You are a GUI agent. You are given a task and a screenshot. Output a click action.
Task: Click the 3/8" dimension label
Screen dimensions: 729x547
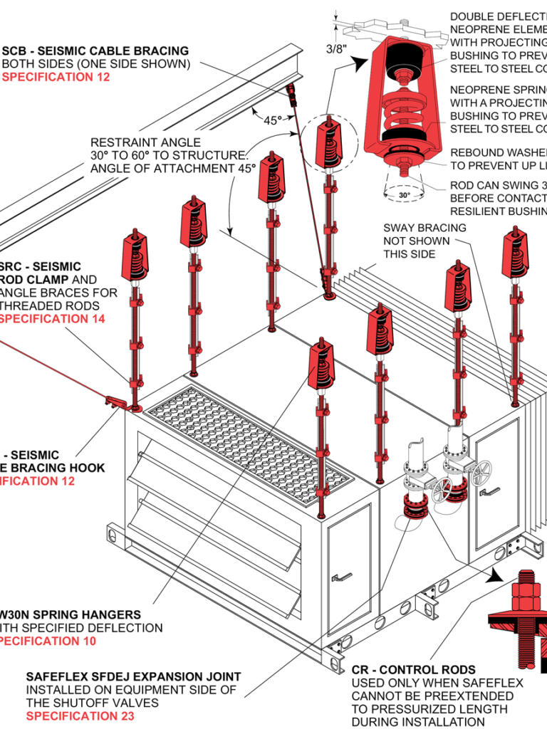pyautogui.click(x=337, y=49)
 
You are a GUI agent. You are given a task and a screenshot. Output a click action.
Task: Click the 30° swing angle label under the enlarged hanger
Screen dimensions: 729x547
pyautogui.click(x=405, y=195)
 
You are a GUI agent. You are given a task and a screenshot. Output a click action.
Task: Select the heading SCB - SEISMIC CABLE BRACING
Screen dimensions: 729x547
pyautogui.click(x=96, y=51)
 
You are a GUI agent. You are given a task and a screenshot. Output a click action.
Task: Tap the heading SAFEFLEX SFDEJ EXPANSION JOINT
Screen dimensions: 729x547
pyautogui.click(x=133, y=676)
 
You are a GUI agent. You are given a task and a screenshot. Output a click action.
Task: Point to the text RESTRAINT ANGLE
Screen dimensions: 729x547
pyautogui.click(x=145, y=142)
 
